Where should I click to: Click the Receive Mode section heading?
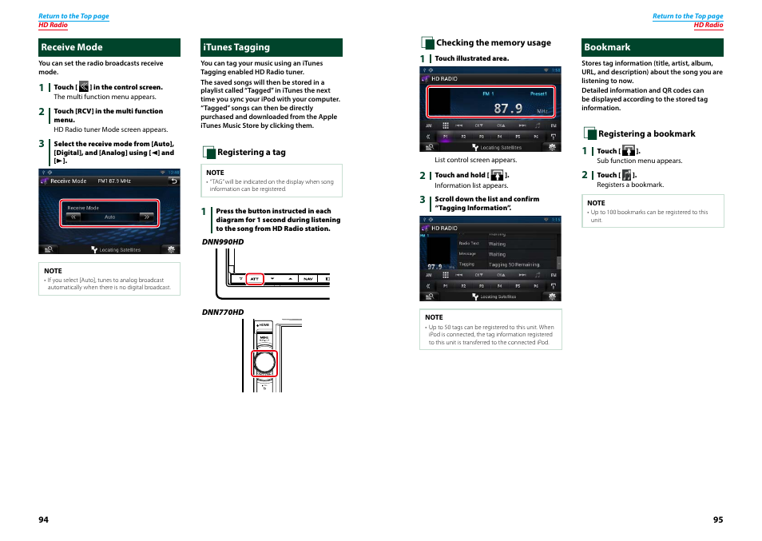click(x=72, y=47)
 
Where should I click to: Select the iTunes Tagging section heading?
click(x=236, y=47)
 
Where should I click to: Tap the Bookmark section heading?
click(x=607, y=47)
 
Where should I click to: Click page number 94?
click(x=44, y=519)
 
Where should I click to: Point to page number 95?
click(x=718, y=519)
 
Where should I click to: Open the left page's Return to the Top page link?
click(x=73, y=16)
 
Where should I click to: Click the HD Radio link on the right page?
click(x=708, y=25)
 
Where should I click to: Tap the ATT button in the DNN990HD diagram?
click(x=255, y=279)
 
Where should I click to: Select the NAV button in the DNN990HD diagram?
click(x=308, y=279)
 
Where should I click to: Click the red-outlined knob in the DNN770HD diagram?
click(x=264, y=363)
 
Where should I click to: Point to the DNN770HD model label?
click(x=223, y=312)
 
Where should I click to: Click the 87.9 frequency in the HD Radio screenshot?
click(x=507, y=108)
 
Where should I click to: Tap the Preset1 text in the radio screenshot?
click(x=538, y=93)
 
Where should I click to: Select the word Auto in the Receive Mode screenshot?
click(x=110, y=217)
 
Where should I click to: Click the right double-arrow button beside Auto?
click(x=146, y=217)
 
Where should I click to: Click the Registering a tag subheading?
click(x=251, y=152)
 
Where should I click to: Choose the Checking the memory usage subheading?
click(x=493, y=43)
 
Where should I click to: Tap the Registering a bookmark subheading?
click(x=646, y=134)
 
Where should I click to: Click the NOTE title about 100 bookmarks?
click(x=596, y=203)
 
